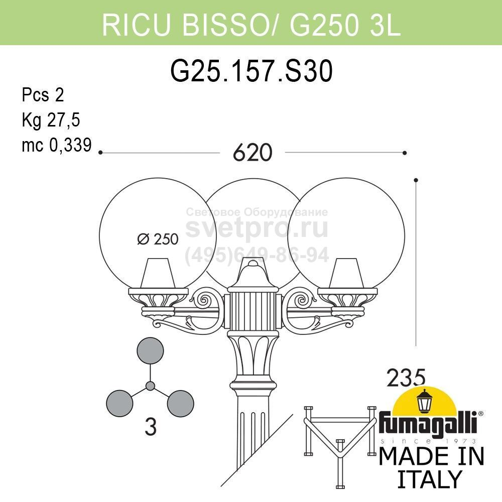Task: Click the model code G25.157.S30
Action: [252, 71]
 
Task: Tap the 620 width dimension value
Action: [253, 153]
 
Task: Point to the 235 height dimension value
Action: [406, 378]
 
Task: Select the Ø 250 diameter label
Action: [158, 239]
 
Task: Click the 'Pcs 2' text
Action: [43, 95]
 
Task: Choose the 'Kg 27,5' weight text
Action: [51, 120]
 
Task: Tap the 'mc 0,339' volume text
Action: [57, 145]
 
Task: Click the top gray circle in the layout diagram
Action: [150, 350]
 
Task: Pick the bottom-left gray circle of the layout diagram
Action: [119, 404]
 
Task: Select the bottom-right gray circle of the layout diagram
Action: [181, 404]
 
